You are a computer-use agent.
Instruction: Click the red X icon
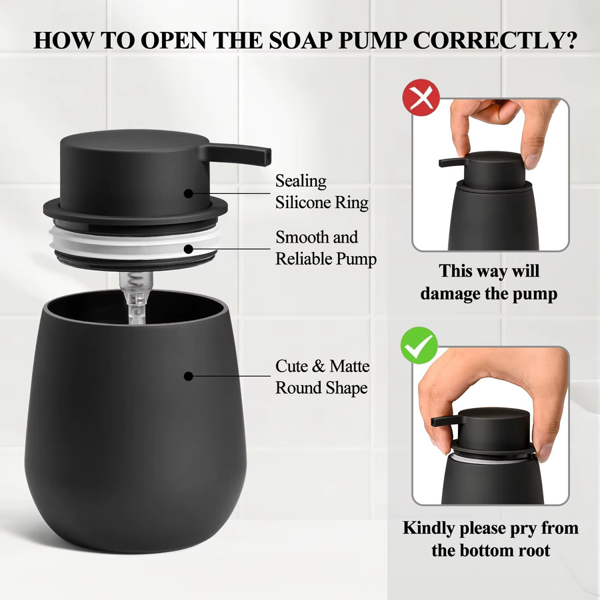(421, 97)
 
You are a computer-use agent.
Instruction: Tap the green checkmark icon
(419, 345)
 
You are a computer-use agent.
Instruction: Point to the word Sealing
(301, 181)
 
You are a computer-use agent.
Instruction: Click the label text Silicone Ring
(322, 203)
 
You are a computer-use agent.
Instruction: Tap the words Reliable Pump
(326, 259)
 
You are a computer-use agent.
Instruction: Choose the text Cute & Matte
(322, 366)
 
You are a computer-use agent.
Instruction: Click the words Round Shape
(321, 388)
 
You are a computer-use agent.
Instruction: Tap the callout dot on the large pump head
(188, 193)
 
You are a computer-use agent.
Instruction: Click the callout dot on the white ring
(188, 249)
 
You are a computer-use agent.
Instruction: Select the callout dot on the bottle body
(188, 376)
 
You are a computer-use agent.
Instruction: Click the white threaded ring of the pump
(134, 242)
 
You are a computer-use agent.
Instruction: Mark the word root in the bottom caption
(534, 551)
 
